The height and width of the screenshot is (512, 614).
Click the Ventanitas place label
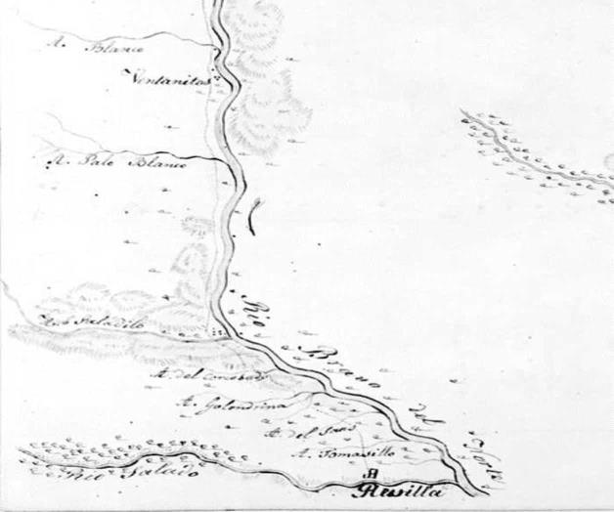(x=172, y=82)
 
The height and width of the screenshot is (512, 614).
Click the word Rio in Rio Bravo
(x=253, y=312)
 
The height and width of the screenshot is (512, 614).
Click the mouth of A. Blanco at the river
(x=217, y=45)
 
